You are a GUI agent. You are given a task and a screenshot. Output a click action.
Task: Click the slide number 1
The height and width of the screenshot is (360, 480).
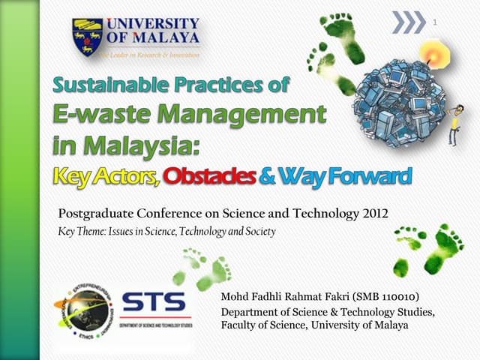pos(434,23)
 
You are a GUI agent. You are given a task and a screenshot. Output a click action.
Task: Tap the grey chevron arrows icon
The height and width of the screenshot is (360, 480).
pos(409,23)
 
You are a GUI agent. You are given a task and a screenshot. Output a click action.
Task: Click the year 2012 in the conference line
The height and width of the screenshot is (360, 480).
pos(373,214)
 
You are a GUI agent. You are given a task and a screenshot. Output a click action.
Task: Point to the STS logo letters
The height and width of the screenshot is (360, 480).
pos(153,303)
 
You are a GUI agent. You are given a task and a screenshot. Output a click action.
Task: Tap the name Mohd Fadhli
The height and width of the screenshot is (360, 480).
pos(252,298)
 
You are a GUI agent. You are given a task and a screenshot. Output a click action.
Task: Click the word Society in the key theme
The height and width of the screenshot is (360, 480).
pos(257,232)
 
